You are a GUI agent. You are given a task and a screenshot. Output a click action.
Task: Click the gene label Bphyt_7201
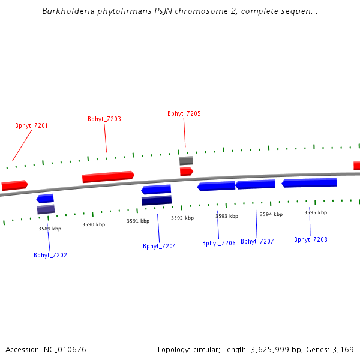click(31, 126)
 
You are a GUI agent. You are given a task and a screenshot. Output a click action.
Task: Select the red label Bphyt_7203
click(104, 119)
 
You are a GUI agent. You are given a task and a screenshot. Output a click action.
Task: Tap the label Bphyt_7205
click(184, 113)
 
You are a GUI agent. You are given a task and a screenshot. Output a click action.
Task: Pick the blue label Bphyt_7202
click(50, 255)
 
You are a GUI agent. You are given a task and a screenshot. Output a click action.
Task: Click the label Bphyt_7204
click(160, 246)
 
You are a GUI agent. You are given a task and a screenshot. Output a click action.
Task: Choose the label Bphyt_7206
click(219, 243)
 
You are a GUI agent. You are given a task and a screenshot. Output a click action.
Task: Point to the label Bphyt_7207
click(257, 241)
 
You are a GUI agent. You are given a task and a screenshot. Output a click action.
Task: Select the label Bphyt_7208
click(311, 239)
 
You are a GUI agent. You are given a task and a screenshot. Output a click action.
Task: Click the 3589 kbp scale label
click(50, 229)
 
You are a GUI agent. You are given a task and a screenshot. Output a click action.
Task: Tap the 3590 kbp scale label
click(94, 224)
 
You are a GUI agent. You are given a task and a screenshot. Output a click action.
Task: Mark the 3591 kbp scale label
click(138, 221)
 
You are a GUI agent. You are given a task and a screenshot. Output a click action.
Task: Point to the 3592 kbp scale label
click(182, 218)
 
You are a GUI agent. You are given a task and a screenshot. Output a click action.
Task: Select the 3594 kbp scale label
click(271, 214)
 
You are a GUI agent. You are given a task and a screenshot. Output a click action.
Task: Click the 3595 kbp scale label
click(316, 212)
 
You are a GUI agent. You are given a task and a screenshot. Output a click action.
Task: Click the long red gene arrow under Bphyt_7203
click(108, 176)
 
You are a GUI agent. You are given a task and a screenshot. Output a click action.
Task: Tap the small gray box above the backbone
click(186, 161)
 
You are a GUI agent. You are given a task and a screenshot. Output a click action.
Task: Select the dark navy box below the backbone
click(157, 200)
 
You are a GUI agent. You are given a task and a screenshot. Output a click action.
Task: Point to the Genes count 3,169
click(343, 349)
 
